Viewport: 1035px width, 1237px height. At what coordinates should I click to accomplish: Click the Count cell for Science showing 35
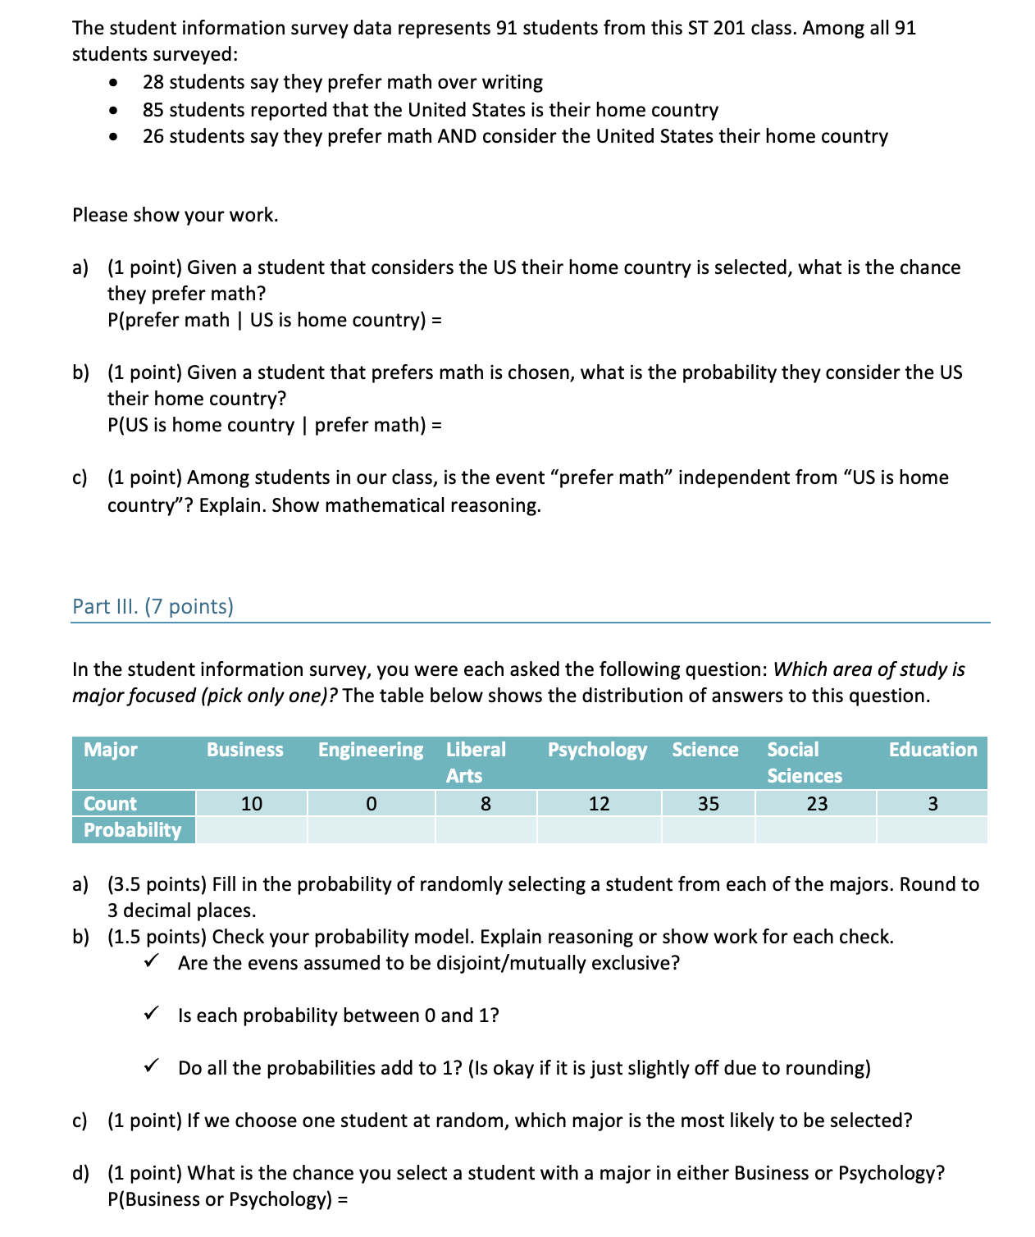pyautogui.click(x=709, y=804)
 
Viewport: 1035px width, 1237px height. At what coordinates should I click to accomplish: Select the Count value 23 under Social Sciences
pyautogui.click(x=817, y=804)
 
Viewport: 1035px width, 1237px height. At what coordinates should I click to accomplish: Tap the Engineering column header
pyautogui.click(x=371, y=750)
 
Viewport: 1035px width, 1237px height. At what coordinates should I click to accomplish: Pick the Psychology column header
pyautogui.click(x=597, y=750)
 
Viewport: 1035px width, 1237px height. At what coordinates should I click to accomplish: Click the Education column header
pyautogui.click(x=932, y=750)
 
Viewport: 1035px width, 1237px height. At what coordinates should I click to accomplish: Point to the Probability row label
pyautogui.click(x=133, y=830)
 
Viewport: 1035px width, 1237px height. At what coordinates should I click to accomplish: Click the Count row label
pyautogui.click(x=111, y=804)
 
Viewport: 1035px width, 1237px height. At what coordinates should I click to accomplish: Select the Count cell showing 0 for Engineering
pyautogui.click(x=371, y=804)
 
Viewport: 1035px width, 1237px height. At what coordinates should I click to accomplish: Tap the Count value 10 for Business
pyautogui.click(x=252, y=804)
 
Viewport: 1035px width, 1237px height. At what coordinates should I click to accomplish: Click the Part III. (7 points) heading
pyautogui.click(x=153, y=606)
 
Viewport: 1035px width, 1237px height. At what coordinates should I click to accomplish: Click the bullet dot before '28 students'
pyautogui.click(x=113, y=83)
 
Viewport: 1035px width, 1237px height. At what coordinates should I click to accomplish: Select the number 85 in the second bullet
pyautogui.click(x=153, y=110)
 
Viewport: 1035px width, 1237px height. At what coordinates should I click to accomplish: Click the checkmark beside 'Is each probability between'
pyautogui.click(x=151, y=1014)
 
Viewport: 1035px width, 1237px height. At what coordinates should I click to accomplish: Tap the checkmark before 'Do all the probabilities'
pyautogui.click(x=151, y=1066)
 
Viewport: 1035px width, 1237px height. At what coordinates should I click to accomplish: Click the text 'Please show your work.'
pyautogui.click(x=176, y=215)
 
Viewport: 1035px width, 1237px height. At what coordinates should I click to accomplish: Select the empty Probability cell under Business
pyautogui.click(x=252, y=830)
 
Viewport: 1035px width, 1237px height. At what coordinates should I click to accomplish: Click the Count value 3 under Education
pyautogui.click(x=932, y=804)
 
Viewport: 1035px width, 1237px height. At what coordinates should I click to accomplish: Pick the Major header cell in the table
pyautogui.click(x=111, y=750)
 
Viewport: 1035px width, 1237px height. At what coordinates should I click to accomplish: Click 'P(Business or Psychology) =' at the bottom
pyautogui.click(x=228, y=1199)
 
